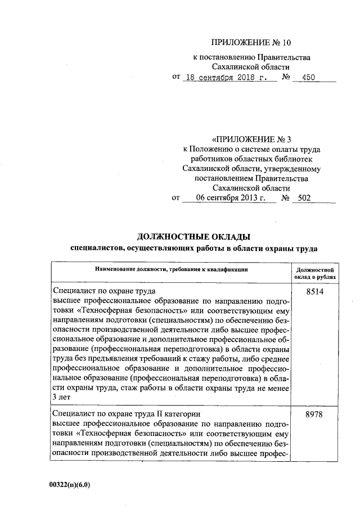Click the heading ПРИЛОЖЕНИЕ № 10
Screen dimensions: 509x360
pyautogui.click(x=252, y=42)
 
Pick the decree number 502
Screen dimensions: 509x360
pyautogui.click(x=304, y=198)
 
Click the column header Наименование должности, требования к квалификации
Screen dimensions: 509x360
pyautogui.click(x=172, y=271)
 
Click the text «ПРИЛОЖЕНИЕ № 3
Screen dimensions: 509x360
pyautogui.click(x=252, y=138)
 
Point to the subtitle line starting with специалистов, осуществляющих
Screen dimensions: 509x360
pyautogui.click(x=193, y=247)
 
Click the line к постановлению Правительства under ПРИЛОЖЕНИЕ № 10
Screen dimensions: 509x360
pyautogui.click(x=251, y=57)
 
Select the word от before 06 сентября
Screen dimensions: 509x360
pyautogui.click(x=175, y=198)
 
